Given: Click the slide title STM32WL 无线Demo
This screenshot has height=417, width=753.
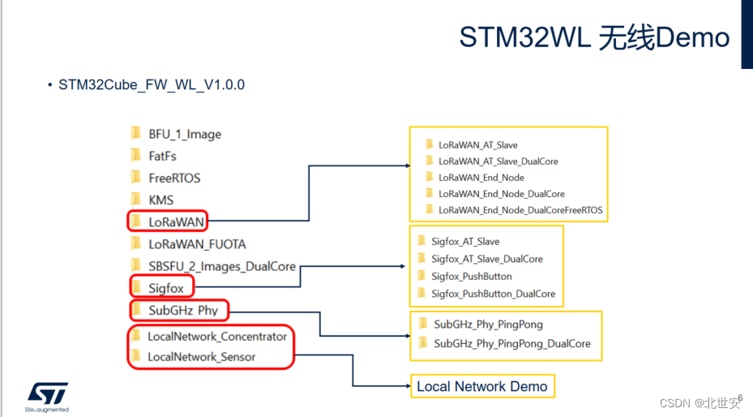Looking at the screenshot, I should pos(594,37).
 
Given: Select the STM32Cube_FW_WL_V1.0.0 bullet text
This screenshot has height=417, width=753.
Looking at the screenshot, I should pos(152,84).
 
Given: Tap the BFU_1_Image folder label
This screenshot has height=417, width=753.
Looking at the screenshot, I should pos(184,134).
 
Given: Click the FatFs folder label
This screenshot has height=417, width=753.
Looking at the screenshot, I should pos(162,156).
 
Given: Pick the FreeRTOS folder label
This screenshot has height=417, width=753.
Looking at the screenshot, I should pos(173,178).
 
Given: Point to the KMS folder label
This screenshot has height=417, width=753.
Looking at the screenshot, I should pos(160,200).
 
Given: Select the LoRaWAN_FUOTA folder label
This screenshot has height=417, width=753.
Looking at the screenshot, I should pos(196,243).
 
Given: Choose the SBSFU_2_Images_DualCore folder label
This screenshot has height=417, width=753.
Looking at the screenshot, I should pos(221,266).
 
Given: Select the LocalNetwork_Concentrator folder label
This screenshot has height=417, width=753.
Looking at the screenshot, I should pos(216,336).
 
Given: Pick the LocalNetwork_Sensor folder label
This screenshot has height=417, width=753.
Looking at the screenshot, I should pos(201,357).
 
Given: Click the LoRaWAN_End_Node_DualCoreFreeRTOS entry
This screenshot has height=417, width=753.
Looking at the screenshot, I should pos(520,210).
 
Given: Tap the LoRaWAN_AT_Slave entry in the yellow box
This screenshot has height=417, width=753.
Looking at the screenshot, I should pos(477,145).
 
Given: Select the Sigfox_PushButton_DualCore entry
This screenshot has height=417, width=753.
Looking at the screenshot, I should pos(493,294).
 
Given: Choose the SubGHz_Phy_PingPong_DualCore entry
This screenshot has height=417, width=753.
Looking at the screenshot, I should pos(511,343).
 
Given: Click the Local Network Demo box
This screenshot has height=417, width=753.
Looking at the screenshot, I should pos(482,386).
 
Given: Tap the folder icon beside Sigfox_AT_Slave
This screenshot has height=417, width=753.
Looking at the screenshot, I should pos(421,241).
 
